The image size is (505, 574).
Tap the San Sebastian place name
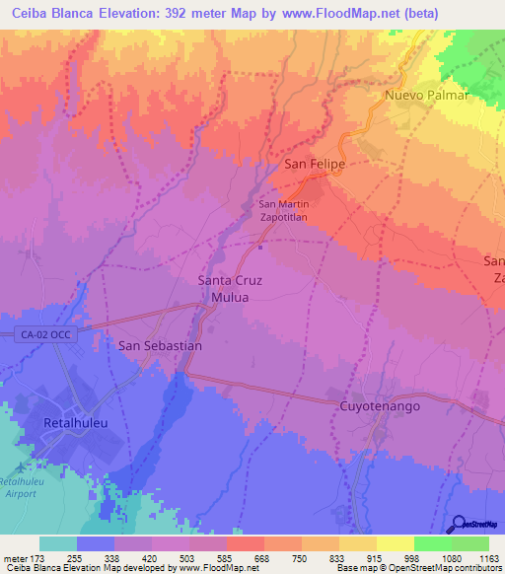160,346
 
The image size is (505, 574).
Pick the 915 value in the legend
358,557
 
